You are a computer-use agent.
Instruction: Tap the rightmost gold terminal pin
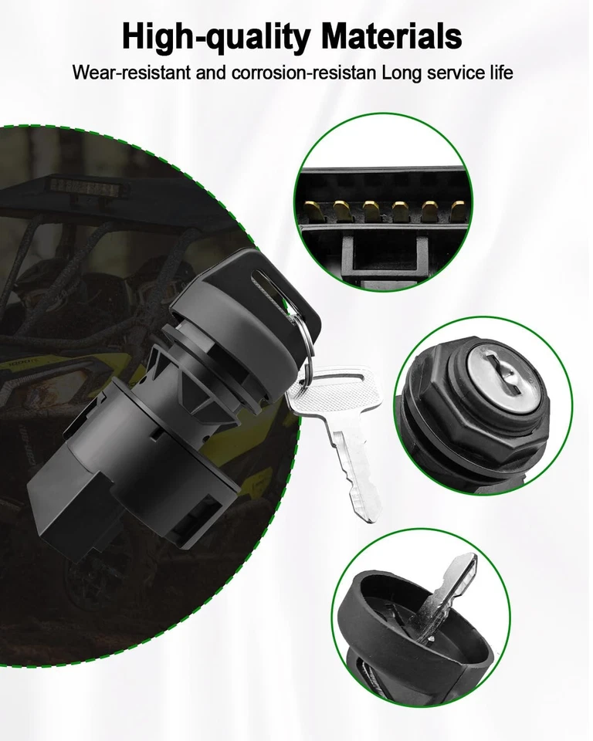pyautogui.click(x=459, y=208)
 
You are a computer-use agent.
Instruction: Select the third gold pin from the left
pyautogui.click(x=370, y=208)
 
